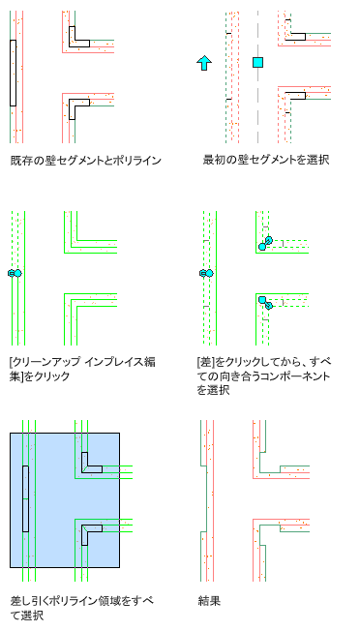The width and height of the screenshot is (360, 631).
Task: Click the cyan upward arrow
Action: point(204,63)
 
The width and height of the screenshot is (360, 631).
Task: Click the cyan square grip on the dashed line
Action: point(257,62)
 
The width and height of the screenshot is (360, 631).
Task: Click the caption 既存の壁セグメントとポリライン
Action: point(86,161)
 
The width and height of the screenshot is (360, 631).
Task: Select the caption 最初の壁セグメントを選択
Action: point(266,160)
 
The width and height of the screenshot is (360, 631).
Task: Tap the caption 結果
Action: point(209,601)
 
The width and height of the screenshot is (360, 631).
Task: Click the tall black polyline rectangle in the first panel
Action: point(13,73)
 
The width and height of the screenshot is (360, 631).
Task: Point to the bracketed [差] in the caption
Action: point(204,362)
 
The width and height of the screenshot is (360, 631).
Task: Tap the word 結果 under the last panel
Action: point(209,601)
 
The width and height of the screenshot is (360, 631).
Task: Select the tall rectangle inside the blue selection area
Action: point(25,498)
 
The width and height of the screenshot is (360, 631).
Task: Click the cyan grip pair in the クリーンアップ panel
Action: point(15,273)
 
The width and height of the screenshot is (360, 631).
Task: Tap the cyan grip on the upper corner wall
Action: point(265,243)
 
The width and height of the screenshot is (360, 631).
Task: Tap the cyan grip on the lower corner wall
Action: point(265,302)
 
